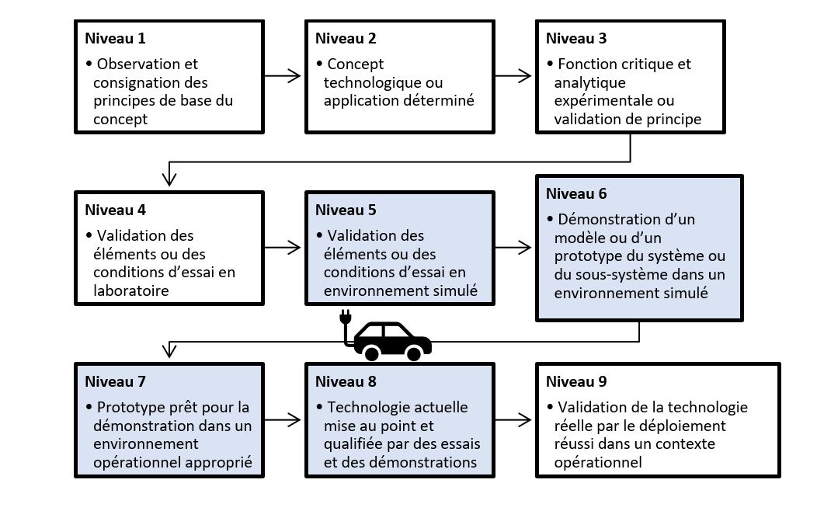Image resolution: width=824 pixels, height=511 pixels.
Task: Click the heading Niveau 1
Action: coord(115,38)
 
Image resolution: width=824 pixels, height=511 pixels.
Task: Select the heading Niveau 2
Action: coord(346,38)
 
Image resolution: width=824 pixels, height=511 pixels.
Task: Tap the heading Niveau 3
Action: coord(576,38)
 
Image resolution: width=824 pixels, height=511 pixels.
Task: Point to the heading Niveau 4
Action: coord(115,210)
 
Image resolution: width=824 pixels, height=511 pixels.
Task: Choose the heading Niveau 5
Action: coord(346,210)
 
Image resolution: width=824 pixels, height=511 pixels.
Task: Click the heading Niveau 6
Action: coord(576,193)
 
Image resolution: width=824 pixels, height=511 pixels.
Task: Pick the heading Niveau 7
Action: coord(115,381)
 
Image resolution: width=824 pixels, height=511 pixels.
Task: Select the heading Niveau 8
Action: coord(346,381)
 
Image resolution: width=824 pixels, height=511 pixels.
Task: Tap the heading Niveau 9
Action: coord(576,381)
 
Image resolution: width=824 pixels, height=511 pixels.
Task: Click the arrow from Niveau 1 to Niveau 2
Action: coord(282,75)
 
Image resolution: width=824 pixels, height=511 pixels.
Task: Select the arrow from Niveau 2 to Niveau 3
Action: coord(513,75)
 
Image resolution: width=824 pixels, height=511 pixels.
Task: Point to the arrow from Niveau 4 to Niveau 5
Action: coord(282,247)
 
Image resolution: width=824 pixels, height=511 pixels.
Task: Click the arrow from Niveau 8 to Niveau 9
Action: coord(513,420)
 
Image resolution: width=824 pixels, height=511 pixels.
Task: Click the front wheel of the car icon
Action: coord(414,354)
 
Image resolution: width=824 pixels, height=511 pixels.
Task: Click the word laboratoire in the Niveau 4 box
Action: coord(130,290)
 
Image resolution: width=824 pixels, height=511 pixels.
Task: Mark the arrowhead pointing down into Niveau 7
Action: coord(169,350)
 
